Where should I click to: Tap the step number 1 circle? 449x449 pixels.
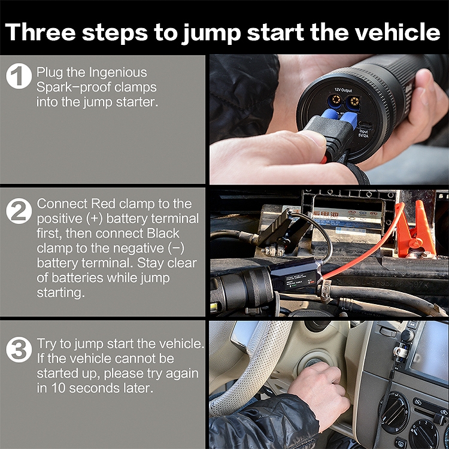click(x=19, y=76)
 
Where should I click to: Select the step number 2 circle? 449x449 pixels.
click(x=19, y=211)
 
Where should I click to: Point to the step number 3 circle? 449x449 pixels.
click(x=19, y=350)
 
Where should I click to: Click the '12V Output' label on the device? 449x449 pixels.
click(x=343, y=90)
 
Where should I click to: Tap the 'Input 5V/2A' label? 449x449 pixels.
click(x=363, y=134)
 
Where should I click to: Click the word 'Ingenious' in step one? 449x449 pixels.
click(x=118, y=72)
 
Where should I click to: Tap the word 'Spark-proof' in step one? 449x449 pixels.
click(x=73, y=87)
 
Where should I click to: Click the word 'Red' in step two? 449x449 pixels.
click(x=103, y=204)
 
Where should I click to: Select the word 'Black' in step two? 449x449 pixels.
click(x=163, y=233)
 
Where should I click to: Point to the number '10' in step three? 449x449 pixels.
click(x=58, y=389)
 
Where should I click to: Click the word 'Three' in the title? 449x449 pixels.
click(x=40, y=32)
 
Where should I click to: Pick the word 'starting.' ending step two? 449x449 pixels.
click(x=60, y=293)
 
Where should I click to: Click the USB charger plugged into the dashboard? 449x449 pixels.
click(x=400, y=351)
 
